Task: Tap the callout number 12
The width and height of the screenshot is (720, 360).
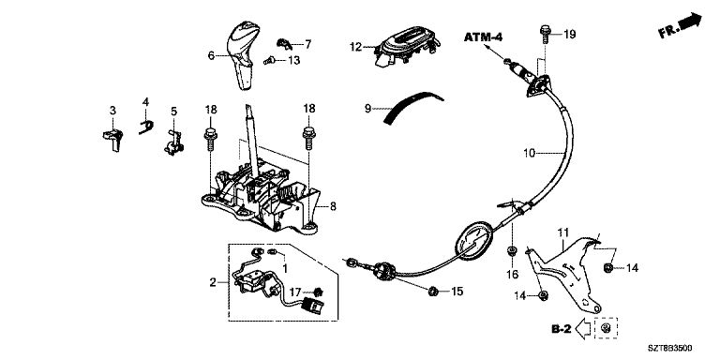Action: (x=355, y=46)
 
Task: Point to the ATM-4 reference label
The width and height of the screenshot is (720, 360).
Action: (x=483, y=37)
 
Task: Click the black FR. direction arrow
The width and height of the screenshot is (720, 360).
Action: (x=689, y=22)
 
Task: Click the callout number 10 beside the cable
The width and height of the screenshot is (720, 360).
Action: (x=530, y=153)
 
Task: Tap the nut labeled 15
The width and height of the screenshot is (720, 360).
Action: (x=432, y=291)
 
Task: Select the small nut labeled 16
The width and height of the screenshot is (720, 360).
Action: (x=510, y=250)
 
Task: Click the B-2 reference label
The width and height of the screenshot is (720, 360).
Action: (x=562, y=329)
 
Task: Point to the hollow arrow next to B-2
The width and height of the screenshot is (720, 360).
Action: (x=583, y=329)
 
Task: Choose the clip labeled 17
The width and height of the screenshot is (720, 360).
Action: (x=317, y=292)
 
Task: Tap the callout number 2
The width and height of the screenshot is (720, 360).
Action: (x=213, y=282)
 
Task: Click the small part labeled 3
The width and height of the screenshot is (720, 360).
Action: (x=112, y=139)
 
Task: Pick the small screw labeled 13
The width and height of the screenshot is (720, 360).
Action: (x=269, y=60)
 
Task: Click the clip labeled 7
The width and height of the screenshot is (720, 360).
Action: (x=284, y=43)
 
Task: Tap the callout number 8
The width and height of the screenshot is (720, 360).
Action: (x=333, y=207)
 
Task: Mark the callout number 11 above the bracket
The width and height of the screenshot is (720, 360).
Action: (x=562, y=233)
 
